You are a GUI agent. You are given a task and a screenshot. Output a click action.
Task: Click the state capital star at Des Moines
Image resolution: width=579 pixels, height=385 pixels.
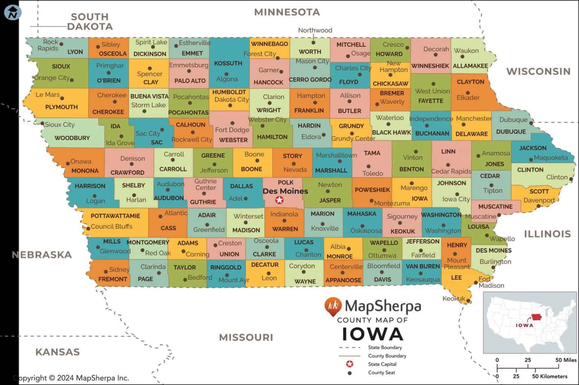click(279, 200)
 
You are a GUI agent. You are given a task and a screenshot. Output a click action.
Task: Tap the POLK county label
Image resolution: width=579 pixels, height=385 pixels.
click(286, 183)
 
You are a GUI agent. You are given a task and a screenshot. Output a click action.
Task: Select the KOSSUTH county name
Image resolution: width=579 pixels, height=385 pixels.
click(228, 63)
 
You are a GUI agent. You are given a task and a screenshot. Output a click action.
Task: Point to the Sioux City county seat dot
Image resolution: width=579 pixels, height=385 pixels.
click(42, 124)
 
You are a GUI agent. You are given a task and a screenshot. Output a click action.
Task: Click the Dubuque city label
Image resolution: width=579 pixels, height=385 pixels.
click(513, 120)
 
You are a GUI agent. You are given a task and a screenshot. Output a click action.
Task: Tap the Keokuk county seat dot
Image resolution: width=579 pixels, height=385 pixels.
click(468, 301)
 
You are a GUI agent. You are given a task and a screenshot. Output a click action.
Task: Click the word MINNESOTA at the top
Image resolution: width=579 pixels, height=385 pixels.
click(287, 12)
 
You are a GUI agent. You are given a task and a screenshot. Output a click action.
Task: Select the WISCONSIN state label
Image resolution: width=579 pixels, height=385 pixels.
click(538, 71)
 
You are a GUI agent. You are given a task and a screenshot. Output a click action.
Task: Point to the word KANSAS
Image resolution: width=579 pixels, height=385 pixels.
click(57, 352)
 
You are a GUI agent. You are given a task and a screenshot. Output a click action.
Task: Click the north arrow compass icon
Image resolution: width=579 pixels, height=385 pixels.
click(13, 12)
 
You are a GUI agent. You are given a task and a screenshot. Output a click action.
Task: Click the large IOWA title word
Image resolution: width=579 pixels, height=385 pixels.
click(372, 334)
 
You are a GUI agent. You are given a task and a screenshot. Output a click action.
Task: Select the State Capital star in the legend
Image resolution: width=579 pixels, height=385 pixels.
click(349, 364)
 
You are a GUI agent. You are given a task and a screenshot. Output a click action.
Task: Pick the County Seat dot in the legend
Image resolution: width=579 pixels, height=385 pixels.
click(349, 373)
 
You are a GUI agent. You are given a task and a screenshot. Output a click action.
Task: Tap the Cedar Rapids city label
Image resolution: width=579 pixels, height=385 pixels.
click(451, 171)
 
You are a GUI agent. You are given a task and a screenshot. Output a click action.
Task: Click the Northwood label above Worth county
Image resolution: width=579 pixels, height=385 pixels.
click(315, 30)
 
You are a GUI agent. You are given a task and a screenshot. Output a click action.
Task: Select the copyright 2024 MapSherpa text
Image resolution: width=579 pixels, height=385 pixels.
click(72, 378)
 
